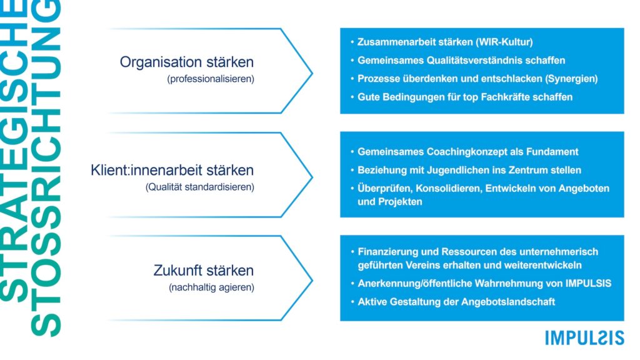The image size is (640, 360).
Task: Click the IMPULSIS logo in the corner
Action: click(x=584, y=338)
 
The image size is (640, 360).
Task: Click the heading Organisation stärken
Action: click(x=186, y=62)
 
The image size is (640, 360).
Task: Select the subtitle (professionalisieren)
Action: click(x=211, y=79)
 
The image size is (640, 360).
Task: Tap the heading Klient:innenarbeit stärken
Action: click(x=172, y=170)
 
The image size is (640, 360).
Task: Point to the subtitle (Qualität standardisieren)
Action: click(x=199, y=187)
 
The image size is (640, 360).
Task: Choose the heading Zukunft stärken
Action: click(x=204, y=270)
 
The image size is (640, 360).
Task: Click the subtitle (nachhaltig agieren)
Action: click(x=211, y=287)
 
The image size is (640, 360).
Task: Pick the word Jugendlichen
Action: click(x=459, y=170)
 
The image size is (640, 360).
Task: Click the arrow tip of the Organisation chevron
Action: click(x=312, y=74)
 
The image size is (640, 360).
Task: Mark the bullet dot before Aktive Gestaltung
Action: click(x=352, y=302)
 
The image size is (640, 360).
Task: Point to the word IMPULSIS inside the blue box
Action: click(x=588, y=283)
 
